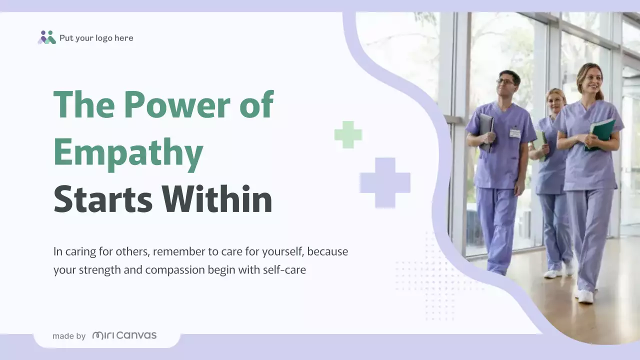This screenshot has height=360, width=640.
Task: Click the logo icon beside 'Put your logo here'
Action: (x=46, y=37)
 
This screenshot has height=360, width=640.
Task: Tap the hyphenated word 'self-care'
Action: (x=286, y=270)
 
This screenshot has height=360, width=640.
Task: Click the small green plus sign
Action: (x=348, y=134)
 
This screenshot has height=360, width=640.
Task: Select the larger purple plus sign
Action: (x=385, y=182)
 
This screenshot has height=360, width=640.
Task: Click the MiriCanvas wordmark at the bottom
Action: (x=124, y=335)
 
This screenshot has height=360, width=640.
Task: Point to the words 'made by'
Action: (x=69, y=336)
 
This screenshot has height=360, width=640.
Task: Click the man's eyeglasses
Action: (x=506, y=82)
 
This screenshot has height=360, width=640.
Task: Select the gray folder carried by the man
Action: (x=486, y=131)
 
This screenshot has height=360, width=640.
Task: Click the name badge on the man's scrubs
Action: (x=515, y=133)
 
